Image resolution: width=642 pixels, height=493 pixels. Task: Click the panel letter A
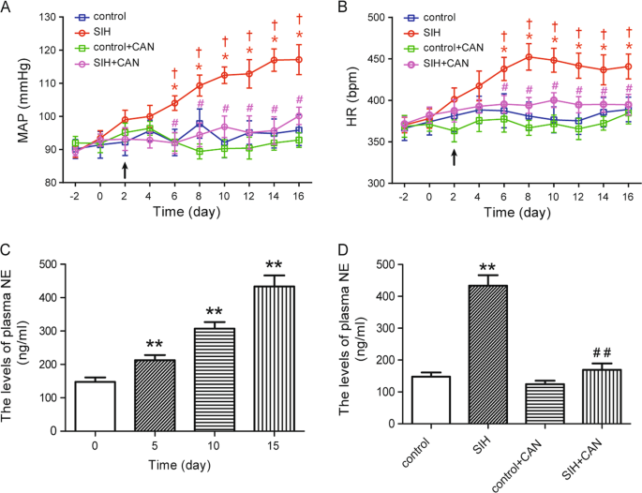[x=8, y=8]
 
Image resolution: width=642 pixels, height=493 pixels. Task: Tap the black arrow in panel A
[x=125, y=169]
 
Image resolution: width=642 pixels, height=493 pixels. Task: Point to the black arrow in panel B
[x=455, y=157]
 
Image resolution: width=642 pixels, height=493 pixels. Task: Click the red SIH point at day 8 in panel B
[x=529, y=57]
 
